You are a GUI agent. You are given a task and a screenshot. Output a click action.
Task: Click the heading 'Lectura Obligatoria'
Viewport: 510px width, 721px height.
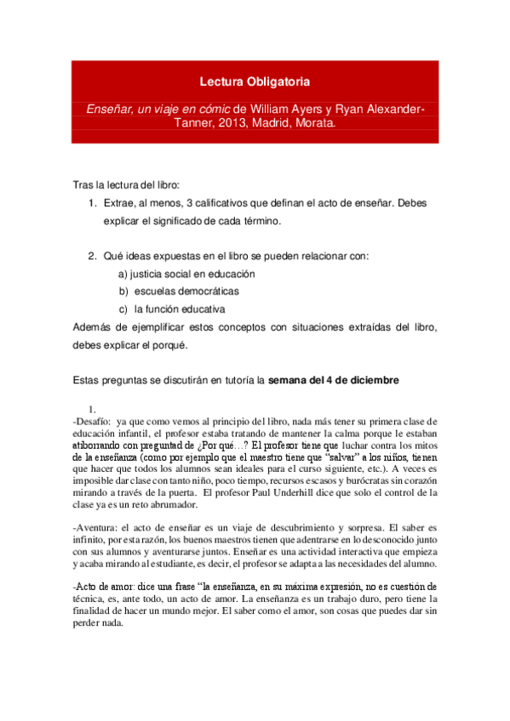[255, 82]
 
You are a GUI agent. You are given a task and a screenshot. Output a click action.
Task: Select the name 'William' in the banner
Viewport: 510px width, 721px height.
[273, 108]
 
